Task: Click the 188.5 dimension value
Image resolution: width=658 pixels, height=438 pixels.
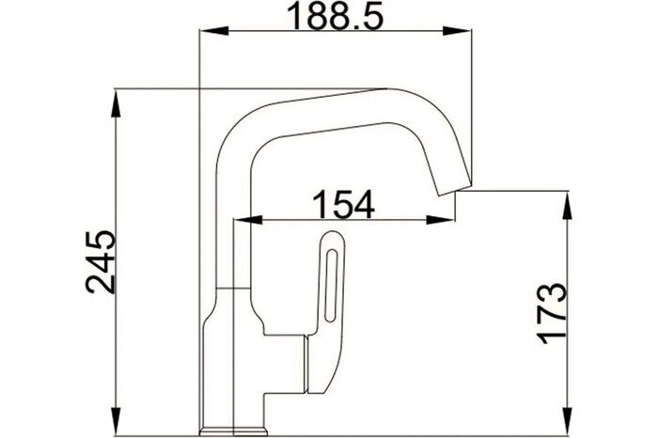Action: (337, 16)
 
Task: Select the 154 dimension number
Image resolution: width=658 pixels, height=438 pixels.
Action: (342, 204)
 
